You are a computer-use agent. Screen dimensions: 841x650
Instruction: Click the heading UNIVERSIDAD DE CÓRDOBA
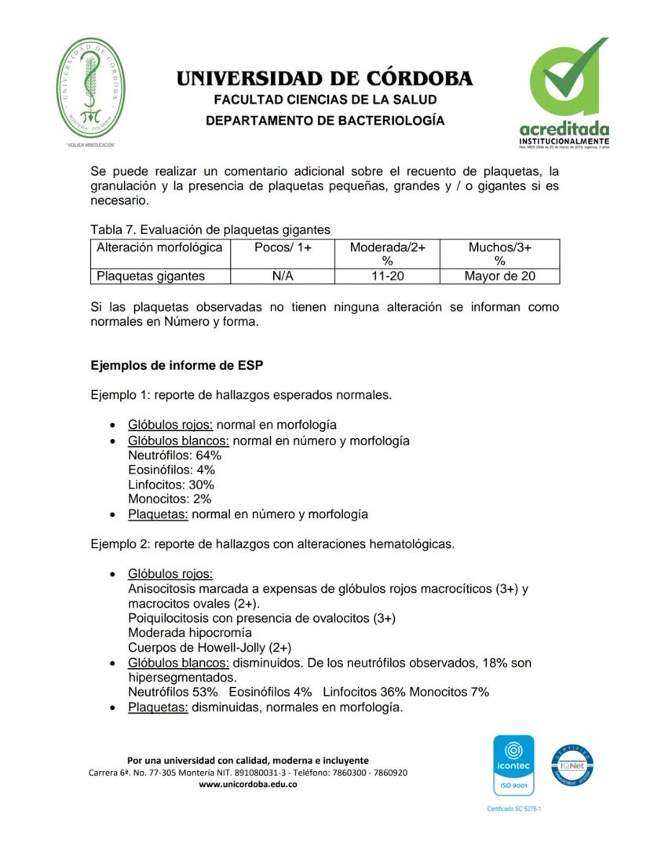324,79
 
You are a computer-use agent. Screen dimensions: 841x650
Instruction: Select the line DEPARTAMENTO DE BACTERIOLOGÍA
324,121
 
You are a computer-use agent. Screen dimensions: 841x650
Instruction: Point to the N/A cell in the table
283,276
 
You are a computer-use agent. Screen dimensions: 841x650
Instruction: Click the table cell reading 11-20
387,276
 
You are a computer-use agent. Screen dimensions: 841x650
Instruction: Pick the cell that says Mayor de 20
499,276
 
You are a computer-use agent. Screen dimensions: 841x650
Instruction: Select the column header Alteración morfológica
160,247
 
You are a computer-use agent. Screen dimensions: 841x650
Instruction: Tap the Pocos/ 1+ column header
283,247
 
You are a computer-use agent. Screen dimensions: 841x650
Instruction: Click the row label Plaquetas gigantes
151,276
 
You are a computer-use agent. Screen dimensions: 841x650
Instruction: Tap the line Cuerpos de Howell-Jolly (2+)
210,648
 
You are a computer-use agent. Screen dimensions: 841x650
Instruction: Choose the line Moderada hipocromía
190,633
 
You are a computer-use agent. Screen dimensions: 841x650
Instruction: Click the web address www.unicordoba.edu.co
247,784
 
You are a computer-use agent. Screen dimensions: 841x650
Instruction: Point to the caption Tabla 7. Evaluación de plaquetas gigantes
210,229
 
